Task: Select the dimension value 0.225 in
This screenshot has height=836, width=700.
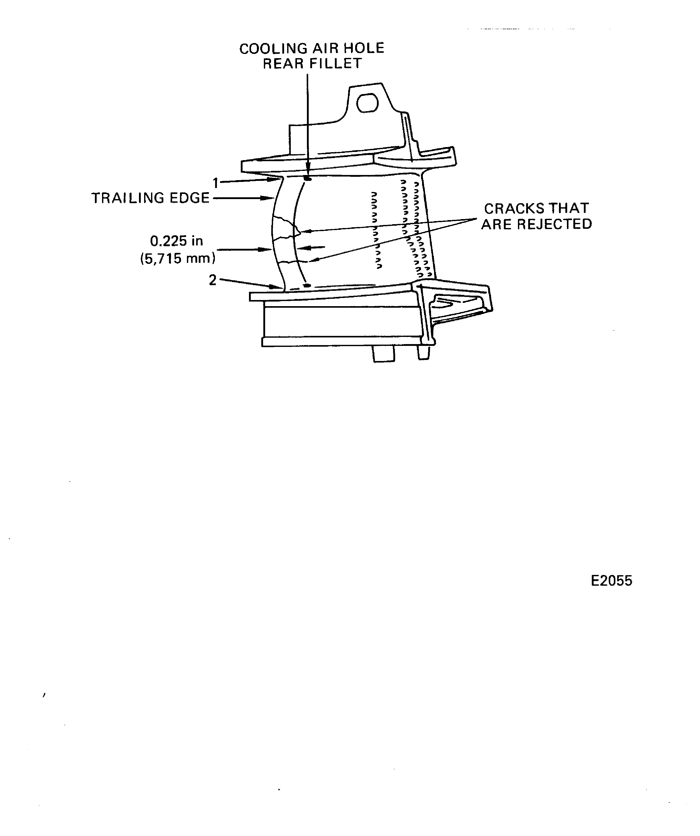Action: [176, 241]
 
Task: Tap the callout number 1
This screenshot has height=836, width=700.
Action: [216, 183]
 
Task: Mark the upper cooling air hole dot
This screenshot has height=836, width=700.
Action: [307, 178]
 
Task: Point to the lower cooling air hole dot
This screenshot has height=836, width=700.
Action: [307, 285]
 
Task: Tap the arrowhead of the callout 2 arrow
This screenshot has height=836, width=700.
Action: [279, 287]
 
